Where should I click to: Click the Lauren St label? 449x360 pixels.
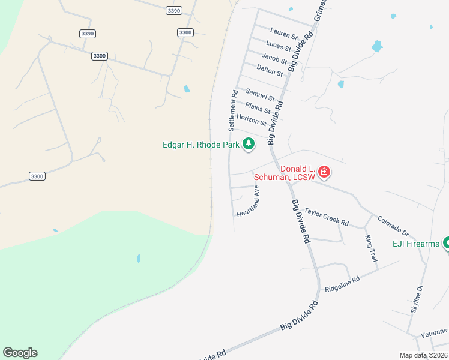(x=284, y=35)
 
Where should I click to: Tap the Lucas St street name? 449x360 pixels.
(x=279, y=47)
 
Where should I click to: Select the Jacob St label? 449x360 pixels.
(x=274, y=59)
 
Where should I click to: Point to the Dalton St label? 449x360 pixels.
(x=270, y=71)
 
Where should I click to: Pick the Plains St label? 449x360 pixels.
(x=258, y=109)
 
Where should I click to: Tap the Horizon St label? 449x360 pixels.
(x=251, y=120)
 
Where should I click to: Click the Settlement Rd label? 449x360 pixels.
(x=232, y=111)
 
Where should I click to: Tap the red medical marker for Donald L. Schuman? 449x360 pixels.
(x=324, y=173)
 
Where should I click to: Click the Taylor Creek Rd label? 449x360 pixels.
(x=326, y=217)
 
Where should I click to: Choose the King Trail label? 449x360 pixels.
(x=371, y=247)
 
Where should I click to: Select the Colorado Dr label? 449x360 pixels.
(x=394, y=226)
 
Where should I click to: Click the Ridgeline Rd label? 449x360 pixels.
(x=342, y=284)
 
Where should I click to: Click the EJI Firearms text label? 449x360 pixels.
(x=416, y=244)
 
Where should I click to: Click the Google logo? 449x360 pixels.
(x=20, y=353)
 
